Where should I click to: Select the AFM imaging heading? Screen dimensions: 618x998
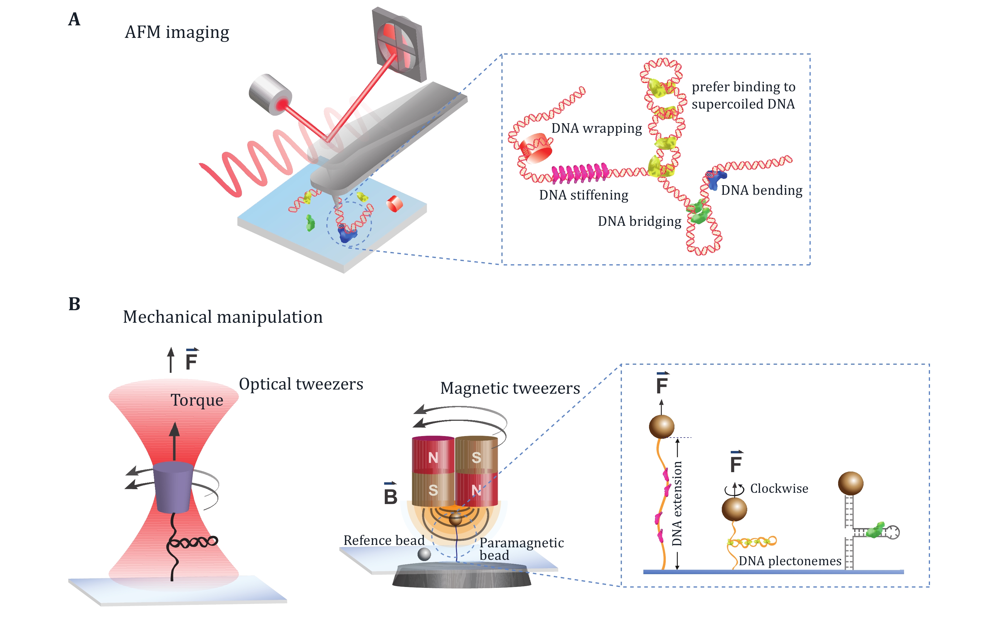click(x=177, y=32)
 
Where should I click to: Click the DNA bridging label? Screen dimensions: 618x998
click(x=639, y=221)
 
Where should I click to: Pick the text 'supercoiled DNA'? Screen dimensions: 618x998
click(x=743, y=104)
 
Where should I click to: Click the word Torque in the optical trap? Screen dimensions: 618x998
click(x=197, y=400)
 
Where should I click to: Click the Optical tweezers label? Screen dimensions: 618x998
click(x=301, y=384)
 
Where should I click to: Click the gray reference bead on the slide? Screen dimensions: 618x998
click(x=424, y=554)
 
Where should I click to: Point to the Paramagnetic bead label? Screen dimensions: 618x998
click(x=521, y=549)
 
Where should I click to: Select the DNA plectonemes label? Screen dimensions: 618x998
click(x=790, y=561)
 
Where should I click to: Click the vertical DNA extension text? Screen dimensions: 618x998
click(x=677, y=503)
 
